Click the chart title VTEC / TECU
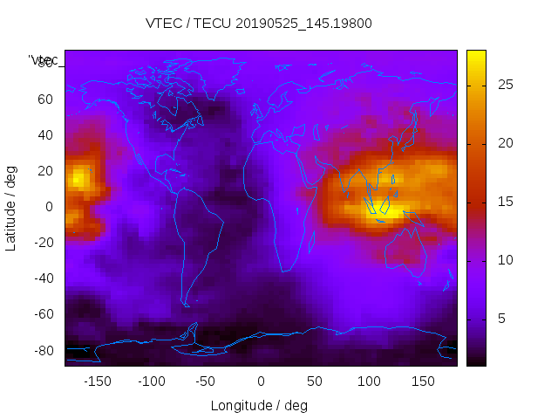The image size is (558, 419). pos(259,24)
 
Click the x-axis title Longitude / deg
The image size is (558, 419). pos(259,405)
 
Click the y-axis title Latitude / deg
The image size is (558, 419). pos(11,207)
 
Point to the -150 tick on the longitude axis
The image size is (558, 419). pos(98,381)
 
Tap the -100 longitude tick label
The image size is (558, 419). pos(152,381)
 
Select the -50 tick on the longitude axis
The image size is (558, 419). pos(206,381)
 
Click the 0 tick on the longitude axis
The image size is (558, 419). pos(261,381)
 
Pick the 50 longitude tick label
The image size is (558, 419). pos(315,381)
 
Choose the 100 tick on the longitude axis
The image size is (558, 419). pos(369,381)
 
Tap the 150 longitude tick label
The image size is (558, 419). pos(423,381)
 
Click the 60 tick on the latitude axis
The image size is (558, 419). pos(44,99)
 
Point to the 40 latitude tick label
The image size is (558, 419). pos(44,134)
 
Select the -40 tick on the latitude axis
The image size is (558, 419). pos(42,278)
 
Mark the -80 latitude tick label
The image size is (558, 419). pos(42,350)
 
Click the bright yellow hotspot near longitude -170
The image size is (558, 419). pos(78,179)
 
